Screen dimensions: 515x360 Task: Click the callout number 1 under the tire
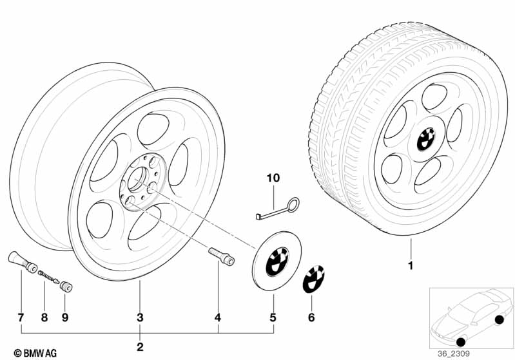(411, 265)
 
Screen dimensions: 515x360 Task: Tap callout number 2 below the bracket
(140, 347)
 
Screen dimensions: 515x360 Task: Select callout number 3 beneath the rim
(140, 317)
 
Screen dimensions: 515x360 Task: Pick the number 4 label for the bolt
(218, 317)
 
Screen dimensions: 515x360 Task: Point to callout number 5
(273, 317)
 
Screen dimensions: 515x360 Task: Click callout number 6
(311, 317)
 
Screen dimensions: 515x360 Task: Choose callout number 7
(21, 317)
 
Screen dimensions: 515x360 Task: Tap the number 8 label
(44, 317)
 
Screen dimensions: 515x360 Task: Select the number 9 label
(65, 317)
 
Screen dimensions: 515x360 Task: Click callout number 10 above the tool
(273, 178)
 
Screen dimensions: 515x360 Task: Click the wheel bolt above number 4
(221, 256)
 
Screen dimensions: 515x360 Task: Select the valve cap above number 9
(66, 287)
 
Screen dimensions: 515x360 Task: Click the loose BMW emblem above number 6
(313, 279)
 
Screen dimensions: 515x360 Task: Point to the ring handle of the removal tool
(293, 205)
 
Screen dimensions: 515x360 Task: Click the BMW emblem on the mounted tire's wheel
(426, 139)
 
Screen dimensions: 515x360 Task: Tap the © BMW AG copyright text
(35, 353)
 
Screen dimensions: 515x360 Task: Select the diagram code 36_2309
(454, 354)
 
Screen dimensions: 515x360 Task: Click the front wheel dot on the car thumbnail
(461, 342)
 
